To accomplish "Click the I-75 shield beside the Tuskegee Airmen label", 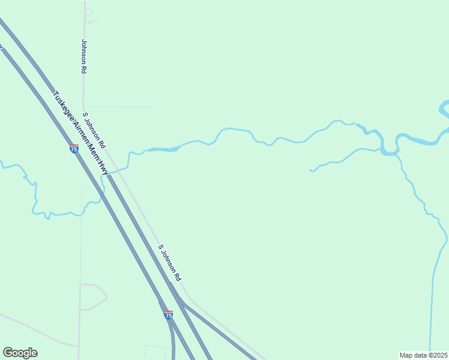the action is point(74,148).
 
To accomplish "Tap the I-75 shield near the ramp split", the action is point(168,314).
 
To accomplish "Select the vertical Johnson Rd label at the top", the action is point(84,56).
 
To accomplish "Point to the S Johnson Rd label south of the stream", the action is point(170,263).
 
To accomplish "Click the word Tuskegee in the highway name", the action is point(64,106).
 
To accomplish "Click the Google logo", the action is point(20,353).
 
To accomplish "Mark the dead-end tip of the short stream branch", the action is point(311,170).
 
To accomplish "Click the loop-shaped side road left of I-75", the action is point(96,296).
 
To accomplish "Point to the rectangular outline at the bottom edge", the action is point(155,353).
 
